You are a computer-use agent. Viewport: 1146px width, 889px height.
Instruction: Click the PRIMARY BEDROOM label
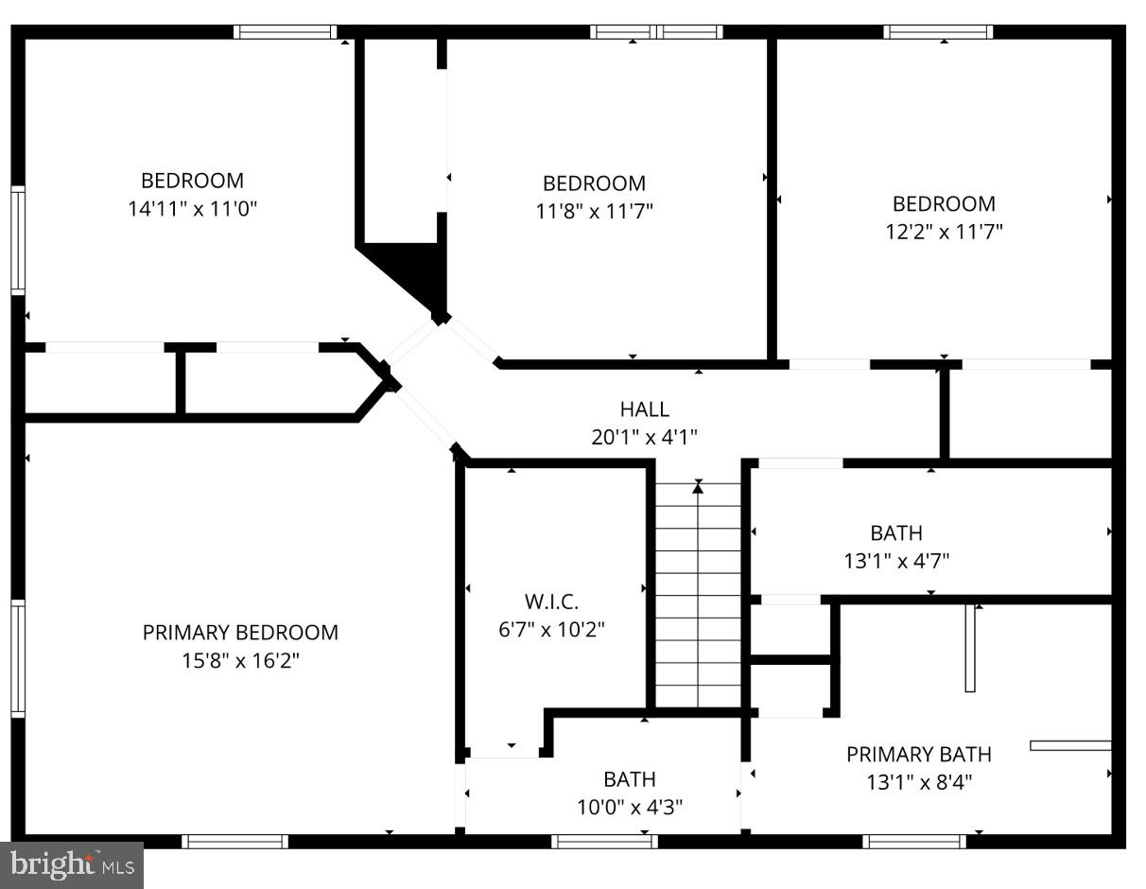click(240, 632)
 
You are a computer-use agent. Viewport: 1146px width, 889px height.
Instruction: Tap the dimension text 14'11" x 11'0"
click(193, 208)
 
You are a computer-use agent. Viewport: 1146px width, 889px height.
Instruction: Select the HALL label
click(644, 409)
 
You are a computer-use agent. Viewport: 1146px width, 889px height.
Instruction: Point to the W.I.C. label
click(551, 601)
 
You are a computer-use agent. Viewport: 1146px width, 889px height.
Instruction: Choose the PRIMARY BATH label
click(918, 754)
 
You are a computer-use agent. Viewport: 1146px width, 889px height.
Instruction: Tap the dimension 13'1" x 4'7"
click(896, 560)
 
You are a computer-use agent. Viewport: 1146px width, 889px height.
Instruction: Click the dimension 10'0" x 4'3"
click(630, 807)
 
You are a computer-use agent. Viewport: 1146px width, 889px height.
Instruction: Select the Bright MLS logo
click(72, 864)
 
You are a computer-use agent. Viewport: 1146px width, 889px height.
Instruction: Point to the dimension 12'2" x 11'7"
click(944, 231)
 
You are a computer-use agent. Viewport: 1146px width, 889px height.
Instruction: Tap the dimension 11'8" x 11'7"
click(594, 210)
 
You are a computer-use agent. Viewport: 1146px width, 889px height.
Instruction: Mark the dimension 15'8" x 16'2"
click(240, 660)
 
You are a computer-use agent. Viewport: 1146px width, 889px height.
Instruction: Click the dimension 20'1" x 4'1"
click(644, 436)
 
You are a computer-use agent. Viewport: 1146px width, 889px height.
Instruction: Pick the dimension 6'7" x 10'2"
click(551, 629)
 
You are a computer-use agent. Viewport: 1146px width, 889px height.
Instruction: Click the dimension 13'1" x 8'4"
click(918, 782)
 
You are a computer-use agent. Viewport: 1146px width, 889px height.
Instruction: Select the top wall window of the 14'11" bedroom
click(285, 32)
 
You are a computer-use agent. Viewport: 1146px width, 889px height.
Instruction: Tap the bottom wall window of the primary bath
click(914, 841)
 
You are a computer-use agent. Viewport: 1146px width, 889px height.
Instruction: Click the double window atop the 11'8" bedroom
click(656, 32)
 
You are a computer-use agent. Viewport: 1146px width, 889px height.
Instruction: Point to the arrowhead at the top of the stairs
click(698, 487)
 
